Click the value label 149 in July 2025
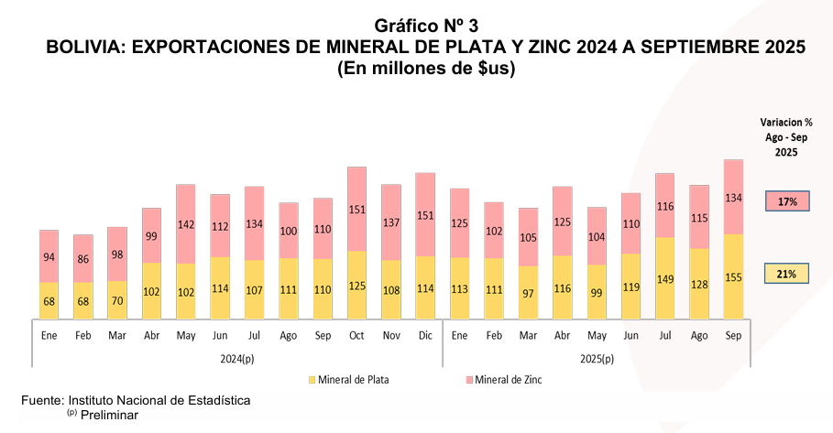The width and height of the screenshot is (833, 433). pos(665,278)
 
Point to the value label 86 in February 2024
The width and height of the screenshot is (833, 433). pos(84,259)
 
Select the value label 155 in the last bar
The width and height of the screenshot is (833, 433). pos(733,277)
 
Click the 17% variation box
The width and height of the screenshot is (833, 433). pos(788,201)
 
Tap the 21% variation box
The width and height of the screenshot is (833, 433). pos(788,273)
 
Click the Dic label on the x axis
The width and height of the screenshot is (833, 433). pos(425,335)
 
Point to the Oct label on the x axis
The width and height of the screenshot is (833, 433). pos(357,335)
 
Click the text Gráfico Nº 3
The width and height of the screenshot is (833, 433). pos(426,26)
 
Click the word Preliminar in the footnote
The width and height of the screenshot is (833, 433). pos(109,415)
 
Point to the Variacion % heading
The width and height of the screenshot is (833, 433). pos(786,122)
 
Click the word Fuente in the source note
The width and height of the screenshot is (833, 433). pos(42,401)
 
